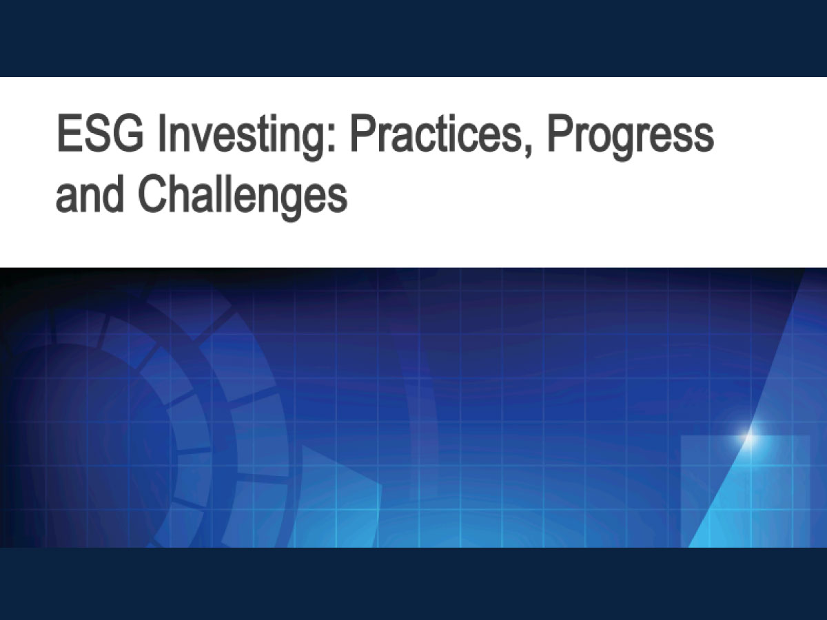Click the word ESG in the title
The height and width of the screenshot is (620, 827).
click(x=100, y=134)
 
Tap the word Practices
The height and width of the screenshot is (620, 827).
click(x=436, y=134)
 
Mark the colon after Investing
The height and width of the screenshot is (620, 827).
click(x=331, y=139)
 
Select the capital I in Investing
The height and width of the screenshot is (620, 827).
click(x=162, y=134)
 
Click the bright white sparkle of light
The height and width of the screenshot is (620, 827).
click(x=750, y=437)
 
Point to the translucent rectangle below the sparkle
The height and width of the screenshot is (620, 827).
click(x=745, y=491)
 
